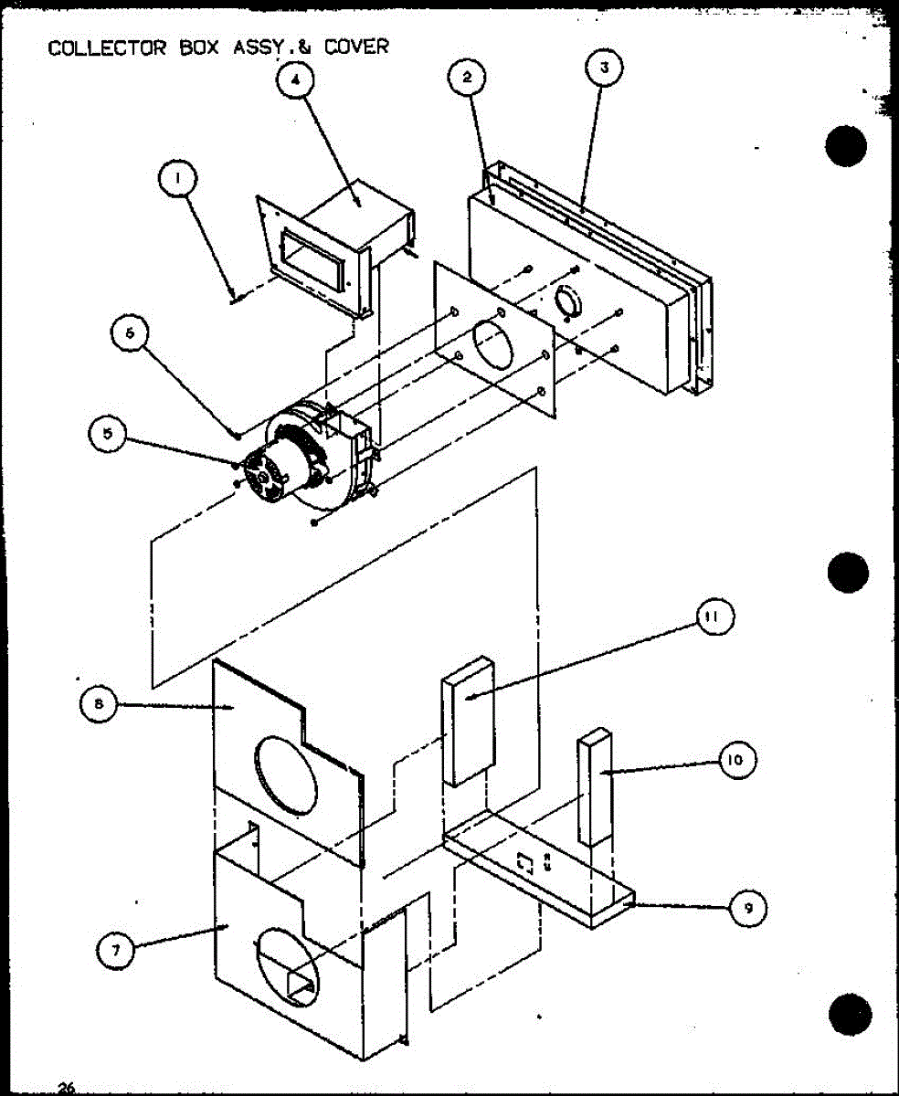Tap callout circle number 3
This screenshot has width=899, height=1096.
(602, 68)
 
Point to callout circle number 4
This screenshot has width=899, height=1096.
(294, 79)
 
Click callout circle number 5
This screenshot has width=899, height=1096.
(109, 435)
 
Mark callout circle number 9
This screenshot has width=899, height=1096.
(747, 908)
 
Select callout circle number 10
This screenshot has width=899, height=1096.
(737, 760)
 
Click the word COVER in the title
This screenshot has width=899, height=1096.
(356, 46)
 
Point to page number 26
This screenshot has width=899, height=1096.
(66, 1087)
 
